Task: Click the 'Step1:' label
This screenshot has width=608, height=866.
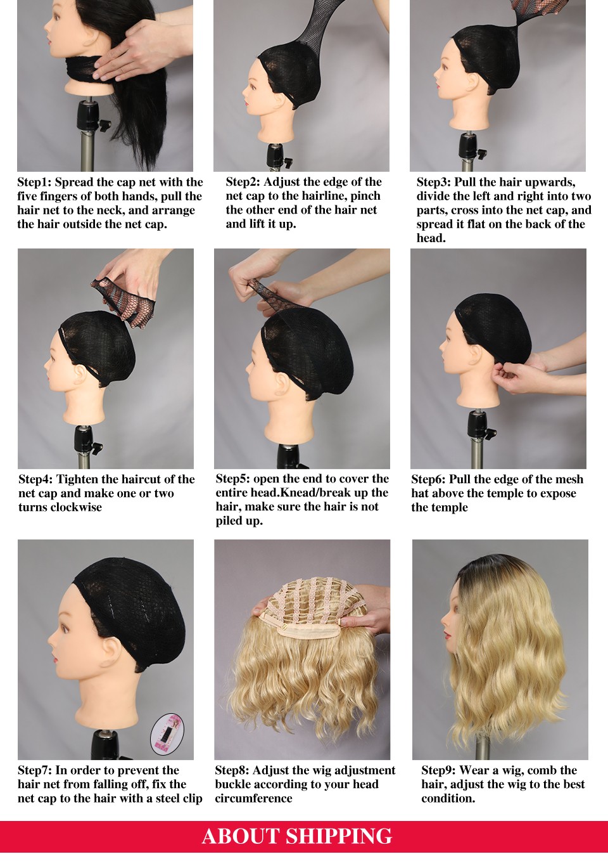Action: (x=35, y=182)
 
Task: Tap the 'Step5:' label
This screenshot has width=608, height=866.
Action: (x=233, y=479)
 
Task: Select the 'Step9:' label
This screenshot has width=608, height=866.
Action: (x=439, y=770)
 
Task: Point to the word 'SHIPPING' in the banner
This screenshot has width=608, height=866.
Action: (x=339, y=836)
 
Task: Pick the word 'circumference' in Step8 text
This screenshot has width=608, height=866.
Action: (x=253, y=798)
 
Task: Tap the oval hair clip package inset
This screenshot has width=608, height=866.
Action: (x=167, y=733)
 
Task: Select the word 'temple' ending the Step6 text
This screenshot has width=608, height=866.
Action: (x=449, y=507)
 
